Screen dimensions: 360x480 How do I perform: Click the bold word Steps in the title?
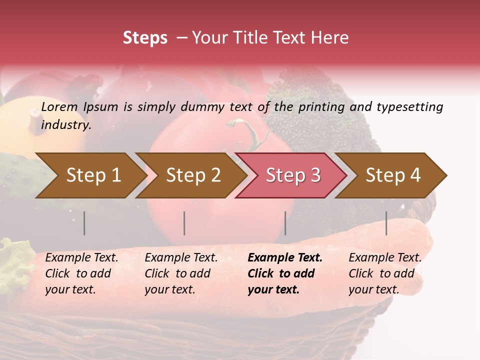(145, 38)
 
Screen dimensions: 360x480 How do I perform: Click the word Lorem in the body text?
(59, 107)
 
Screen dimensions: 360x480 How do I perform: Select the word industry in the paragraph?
(65, 125)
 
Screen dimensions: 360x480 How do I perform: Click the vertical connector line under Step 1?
(84, 223)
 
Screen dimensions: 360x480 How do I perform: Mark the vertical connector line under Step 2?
(184, 223)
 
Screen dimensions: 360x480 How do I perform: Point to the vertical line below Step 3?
(285, 223)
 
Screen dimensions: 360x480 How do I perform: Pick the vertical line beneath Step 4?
(386, 223)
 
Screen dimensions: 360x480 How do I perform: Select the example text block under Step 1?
(81, 273)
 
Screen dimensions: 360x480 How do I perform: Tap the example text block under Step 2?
(181, 273)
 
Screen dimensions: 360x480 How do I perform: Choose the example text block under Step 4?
(385, 273)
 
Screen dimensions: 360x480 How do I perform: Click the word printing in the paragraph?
(320, 107)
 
